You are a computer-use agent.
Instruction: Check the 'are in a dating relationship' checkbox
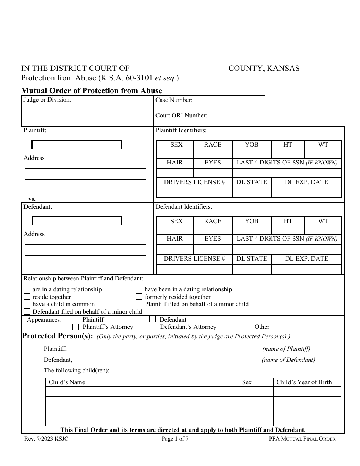coord(27,290)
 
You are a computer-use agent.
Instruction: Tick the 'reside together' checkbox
coord(27,297)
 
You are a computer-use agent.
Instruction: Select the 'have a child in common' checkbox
coord(27,304)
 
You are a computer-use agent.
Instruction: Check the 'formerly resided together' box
coord(139,297)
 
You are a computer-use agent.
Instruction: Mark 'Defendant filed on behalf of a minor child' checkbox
coord(27,312)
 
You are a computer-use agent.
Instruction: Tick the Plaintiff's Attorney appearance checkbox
coord(76,327)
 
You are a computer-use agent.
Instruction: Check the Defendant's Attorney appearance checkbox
coord(153,327)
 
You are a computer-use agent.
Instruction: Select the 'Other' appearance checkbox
coord(247,327)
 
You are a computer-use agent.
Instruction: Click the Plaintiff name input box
coord(77,145)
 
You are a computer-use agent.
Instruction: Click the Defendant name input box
coord(77,221)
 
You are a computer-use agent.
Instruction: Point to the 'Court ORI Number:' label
coord(181,116)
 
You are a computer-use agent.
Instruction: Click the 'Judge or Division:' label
coord(47,100)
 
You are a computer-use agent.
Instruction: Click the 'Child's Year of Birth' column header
coord(304,382)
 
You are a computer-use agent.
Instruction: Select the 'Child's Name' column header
coord(67,382)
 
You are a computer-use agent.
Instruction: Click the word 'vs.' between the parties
coord(32,199)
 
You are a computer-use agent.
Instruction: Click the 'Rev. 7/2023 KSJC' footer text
coord(44,439)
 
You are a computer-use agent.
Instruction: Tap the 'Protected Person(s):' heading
coord(57,336)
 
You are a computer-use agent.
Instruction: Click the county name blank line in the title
coord(179,69)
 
